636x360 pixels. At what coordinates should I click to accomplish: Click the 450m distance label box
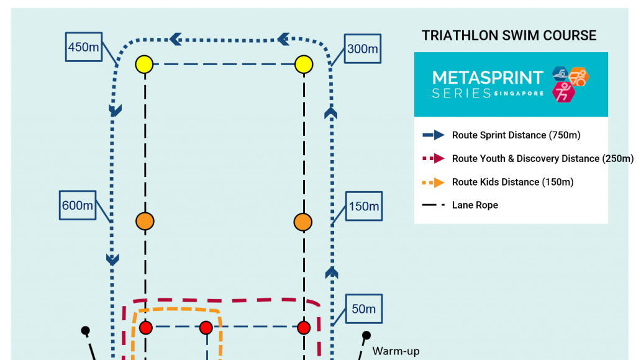point(84,47)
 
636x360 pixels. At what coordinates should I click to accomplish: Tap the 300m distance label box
point(363,48)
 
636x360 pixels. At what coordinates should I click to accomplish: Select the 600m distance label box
point(78,205)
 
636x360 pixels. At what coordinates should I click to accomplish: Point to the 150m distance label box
point(364,206)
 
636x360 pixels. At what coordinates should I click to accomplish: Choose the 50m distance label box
point(364,308)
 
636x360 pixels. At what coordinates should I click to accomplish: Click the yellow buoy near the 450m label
point(144,65)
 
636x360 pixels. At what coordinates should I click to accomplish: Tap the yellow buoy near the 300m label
point(304,65)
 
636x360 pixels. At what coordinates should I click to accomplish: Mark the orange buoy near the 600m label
point(145,222)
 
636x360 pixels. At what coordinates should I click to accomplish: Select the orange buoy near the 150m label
point(303,222)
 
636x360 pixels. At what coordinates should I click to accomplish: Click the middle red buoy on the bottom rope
point(206,328)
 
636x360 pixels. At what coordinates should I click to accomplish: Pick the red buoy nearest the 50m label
point(304,328)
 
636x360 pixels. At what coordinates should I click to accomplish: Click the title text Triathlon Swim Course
point(509,35)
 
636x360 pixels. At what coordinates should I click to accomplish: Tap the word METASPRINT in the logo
point(488,78)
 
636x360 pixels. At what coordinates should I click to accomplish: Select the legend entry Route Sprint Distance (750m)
point(516,135)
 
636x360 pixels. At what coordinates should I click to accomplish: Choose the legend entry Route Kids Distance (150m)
point(512,182)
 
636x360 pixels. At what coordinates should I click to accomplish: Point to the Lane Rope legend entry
point(475,205)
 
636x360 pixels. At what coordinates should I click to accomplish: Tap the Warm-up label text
point(396,351)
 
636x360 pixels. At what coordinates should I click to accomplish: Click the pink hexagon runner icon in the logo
point(563,92)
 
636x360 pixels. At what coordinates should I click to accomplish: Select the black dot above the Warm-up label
point(366,335)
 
